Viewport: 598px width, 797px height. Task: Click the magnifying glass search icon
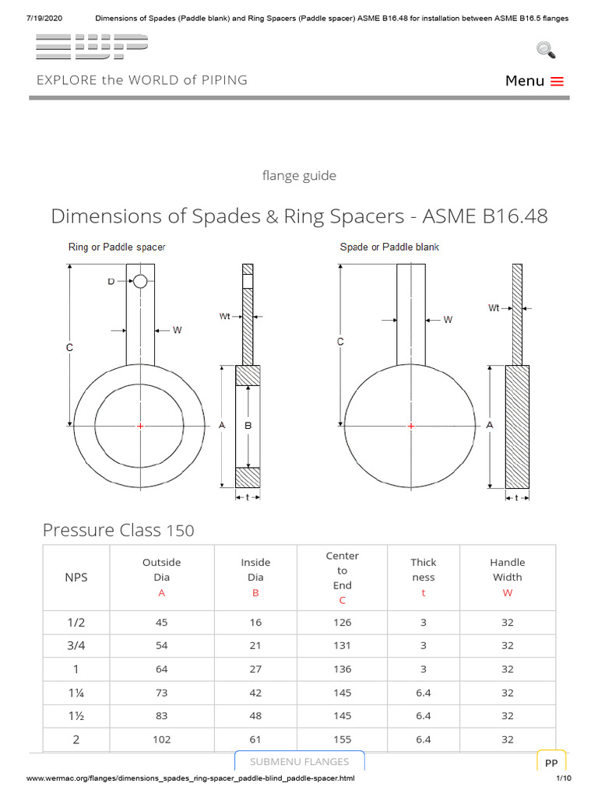546,50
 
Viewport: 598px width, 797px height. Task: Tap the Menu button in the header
534,81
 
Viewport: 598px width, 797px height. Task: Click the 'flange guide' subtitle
299,176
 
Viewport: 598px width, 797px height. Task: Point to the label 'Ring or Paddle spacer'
117,248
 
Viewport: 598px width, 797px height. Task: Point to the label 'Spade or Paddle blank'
389,248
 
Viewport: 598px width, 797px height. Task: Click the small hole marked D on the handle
140,281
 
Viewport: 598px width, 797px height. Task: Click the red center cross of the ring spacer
140,426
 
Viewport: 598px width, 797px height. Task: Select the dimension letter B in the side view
248,426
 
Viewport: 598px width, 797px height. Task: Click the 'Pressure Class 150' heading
118,531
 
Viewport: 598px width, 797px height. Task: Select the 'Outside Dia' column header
161,577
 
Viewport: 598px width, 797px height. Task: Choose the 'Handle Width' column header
507,577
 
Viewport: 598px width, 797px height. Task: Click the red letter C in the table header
342,601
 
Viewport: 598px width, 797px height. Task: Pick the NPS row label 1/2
76,623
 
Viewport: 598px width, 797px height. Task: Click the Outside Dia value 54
161,646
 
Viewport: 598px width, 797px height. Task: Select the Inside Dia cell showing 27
255,669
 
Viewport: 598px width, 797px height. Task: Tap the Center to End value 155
342,739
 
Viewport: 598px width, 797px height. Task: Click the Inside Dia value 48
255,716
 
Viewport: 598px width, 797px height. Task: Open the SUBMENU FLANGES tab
299,761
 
